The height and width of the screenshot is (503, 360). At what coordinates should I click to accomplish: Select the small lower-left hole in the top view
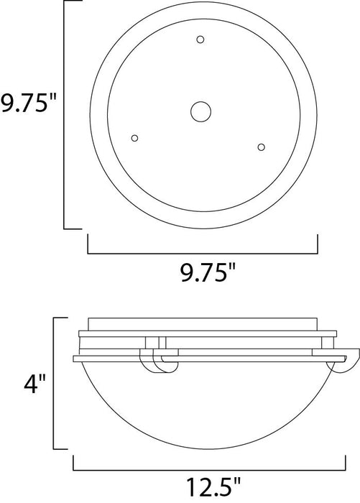pos(134,138)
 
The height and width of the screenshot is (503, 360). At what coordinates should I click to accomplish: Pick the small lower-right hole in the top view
pos(262,147)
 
